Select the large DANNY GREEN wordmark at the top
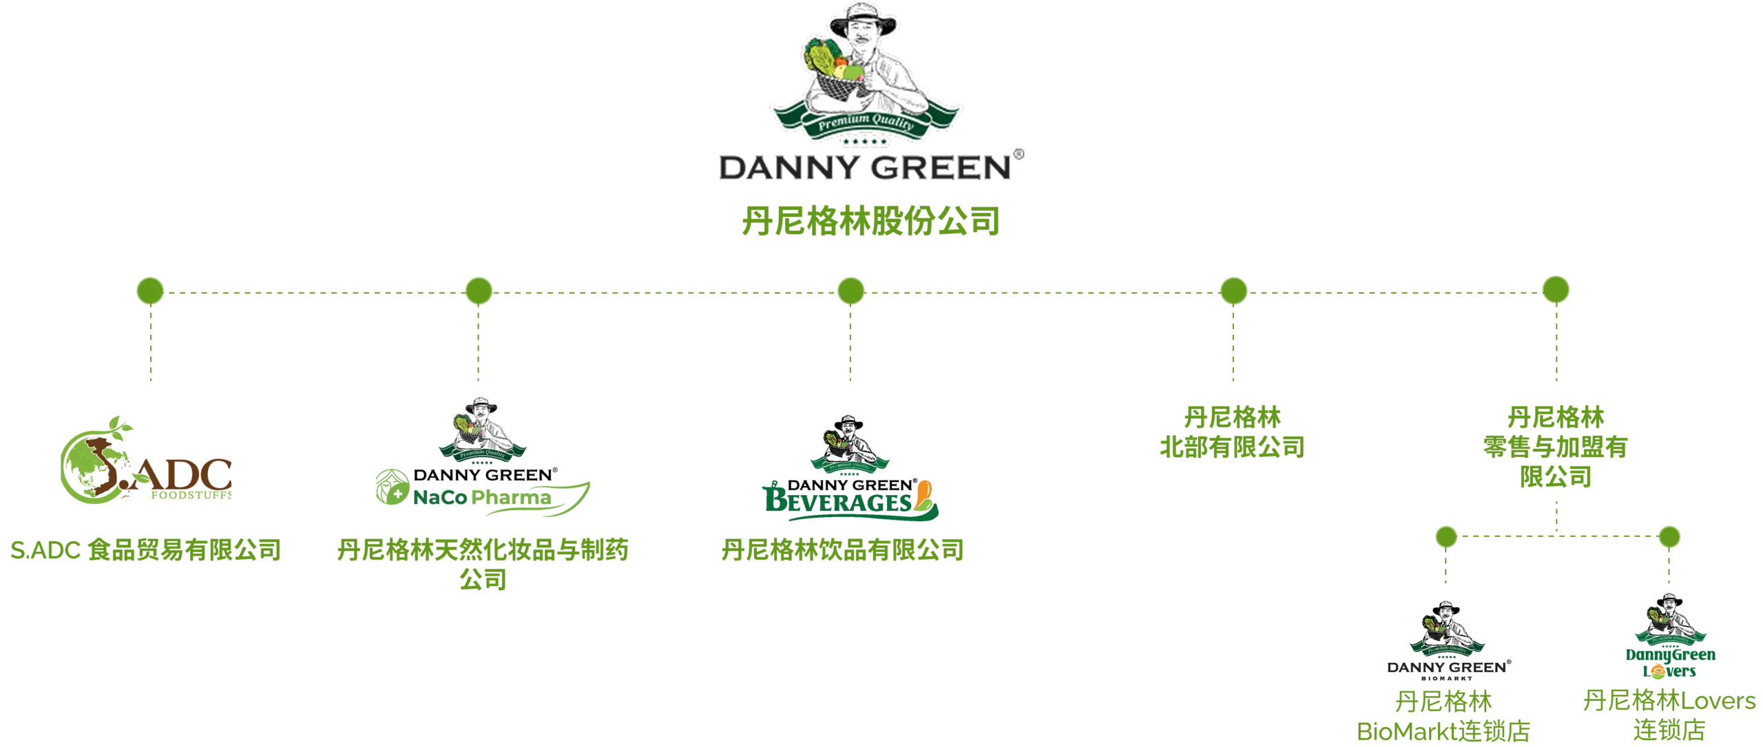[865, 167]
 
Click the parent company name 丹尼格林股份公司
[869, 222]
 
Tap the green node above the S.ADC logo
[150, 291]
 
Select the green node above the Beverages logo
[851, 291]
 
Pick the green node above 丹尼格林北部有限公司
[1232, 291]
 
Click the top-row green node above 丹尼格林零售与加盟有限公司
[1556, 291]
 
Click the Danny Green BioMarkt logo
[1447, 640]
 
